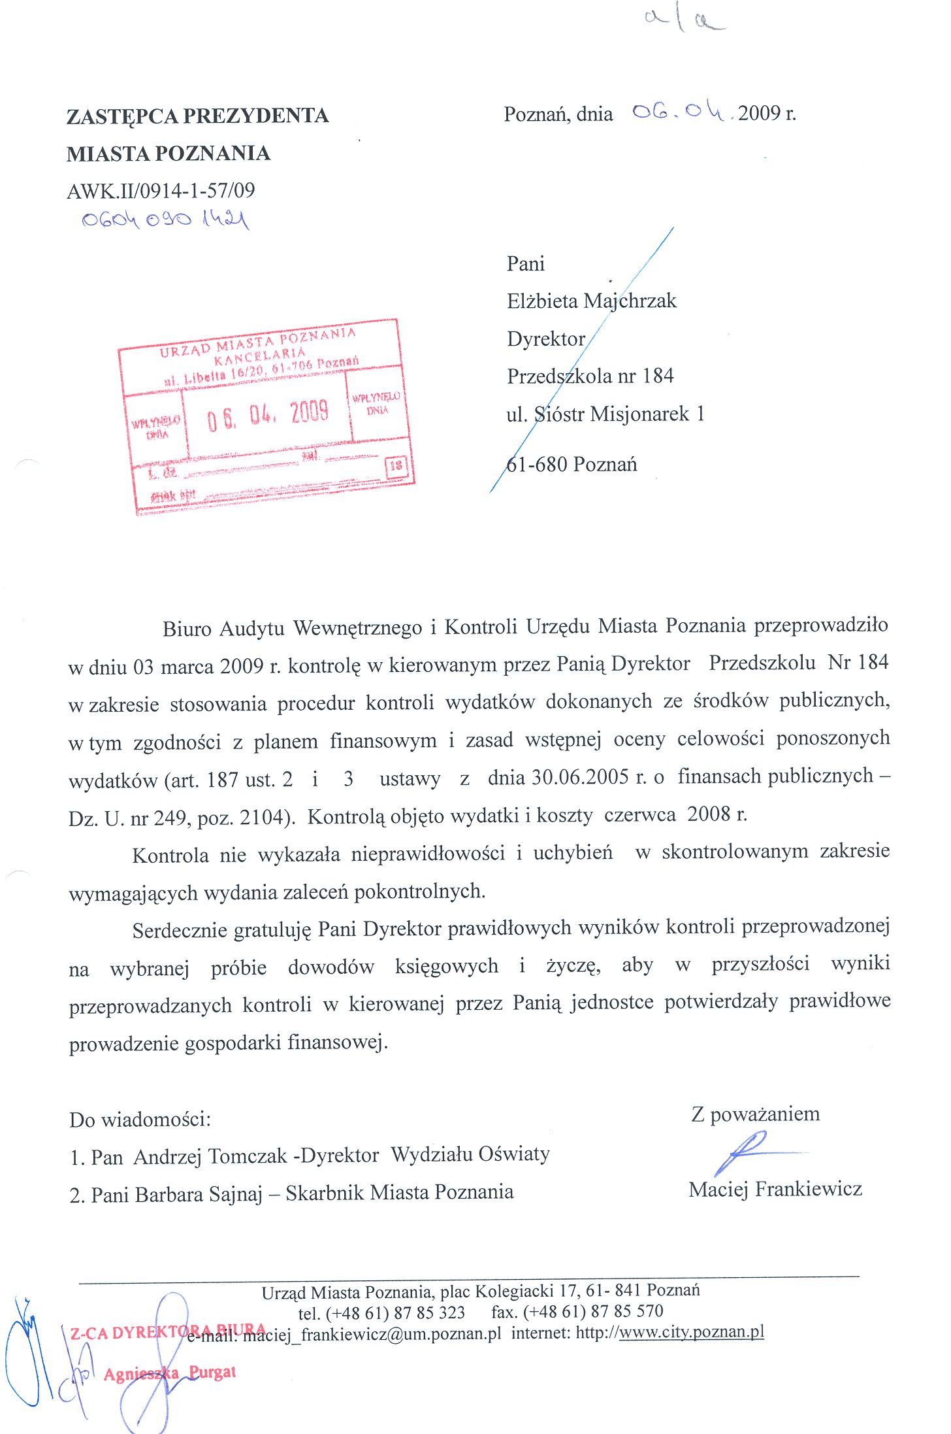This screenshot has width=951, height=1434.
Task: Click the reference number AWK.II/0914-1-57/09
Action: [x=161, y=191]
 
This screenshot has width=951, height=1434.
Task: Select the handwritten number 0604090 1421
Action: [x=165, y=220]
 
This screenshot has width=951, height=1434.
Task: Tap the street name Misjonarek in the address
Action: [x=639, y=414]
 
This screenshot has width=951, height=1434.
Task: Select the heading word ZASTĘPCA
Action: [x=122, y=116]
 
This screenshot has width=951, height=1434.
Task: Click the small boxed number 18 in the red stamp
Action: [x=396, y=466]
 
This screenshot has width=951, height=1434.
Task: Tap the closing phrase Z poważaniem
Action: [x=755, y=1114]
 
